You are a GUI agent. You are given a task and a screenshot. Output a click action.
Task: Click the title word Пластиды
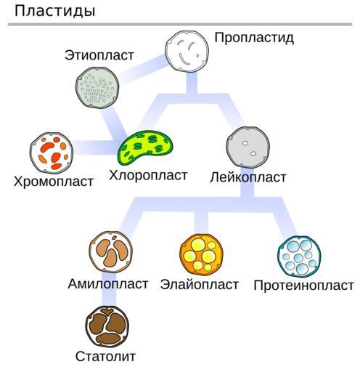tap(54, 11)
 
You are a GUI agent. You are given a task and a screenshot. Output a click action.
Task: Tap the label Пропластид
tap(254, 38)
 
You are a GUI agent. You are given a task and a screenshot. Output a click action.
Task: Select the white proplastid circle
tap(187, 52)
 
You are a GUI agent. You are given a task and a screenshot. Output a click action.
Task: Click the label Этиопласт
tap(99, 55)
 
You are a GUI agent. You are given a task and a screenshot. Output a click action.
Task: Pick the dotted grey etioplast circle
tap(97, 87)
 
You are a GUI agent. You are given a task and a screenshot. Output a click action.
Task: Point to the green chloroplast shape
tap(145, 147)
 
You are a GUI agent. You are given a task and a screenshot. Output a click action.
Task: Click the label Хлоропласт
tap(148, 175)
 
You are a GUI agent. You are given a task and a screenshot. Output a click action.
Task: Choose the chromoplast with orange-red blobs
tap(52, 153)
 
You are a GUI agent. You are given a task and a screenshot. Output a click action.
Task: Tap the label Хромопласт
tap(54, 182)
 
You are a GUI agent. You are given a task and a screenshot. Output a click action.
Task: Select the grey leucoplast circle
tap(248, 147)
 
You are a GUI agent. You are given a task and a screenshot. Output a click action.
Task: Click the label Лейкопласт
tap(248, 177)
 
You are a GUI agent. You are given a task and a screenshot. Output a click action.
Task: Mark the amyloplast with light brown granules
tap(110, 252)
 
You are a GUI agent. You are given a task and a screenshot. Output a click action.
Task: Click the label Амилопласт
tap(108, 284)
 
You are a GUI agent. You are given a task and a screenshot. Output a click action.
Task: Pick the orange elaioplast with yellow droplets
tap(201, 254)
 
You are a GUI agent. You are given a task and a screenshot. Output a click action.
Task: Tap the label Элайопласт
tap(200, 284)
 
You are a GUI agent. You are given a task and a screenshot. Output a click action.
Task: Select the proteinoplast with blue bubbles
tap(299, 256)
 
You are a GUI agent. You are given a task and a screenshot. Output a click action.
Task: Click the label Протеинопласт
tap(303, 286)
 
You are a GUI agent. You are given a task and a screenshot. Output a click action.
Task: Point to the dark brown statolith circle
tap(107, 326)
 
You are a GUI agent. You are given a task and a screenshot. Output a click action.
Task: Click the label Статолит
tap(105, 357)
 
